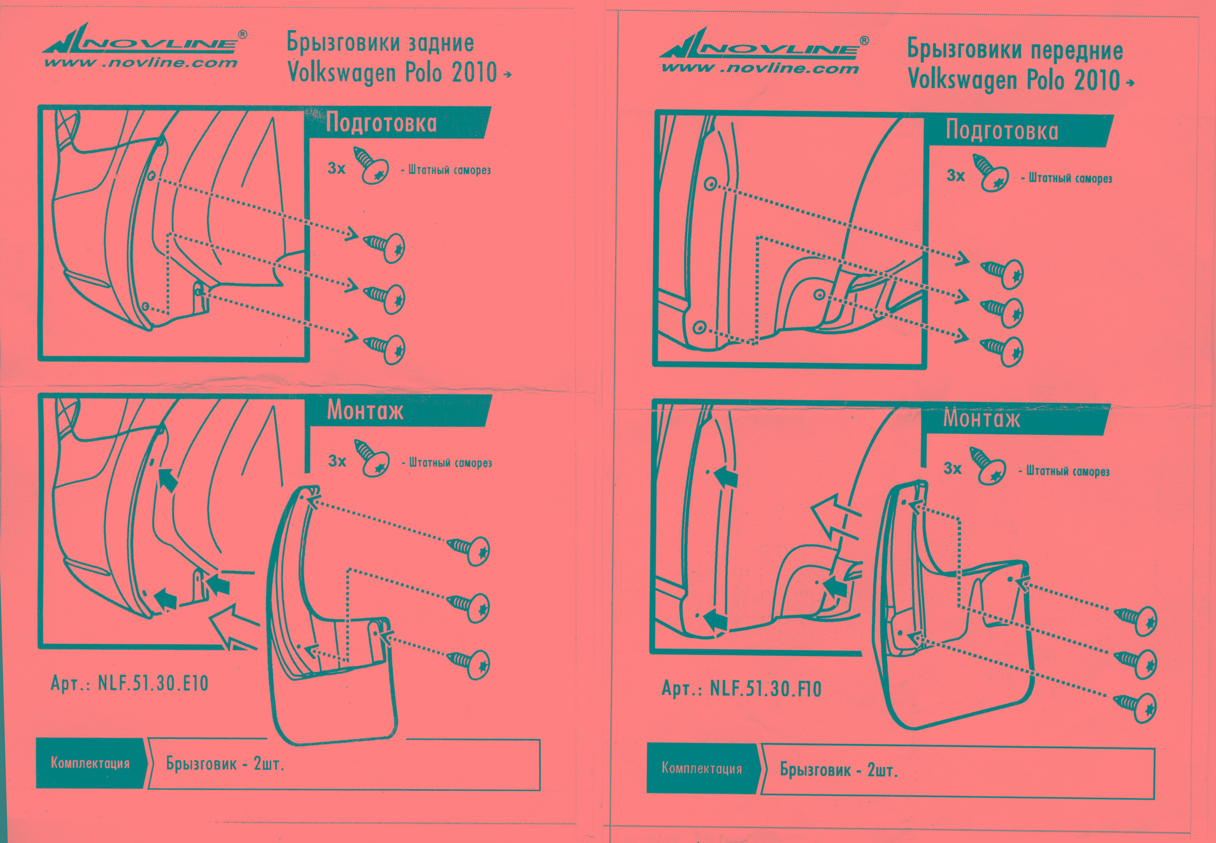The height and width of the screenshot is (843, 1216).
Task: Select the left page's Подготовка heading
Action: coord(381,123)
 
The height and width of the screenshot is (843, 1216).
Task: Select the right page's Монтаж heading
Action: coord(981,418)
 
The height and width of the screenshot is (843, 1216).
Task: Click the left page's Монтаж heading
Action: coord(365,411)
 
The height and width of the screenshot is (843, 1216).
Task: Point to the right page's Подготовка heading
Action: coord(1002,130)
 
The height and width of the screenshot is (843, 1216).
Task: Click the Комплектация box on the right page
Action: coord(702,768)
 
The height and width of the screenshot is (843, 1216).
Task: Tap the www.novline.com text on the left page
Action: coord(141,63)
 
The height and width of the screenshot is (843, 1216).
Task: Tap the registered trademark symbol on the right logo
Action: coord(864,41)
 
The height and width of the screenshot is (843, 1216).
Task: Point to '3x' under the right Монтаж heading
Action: coord(952,468)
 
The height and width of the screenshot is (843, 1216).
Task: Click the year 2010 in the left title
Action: coord(474,72)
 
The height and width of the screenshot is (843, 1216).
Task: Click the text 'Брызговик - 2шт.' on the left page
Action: coord(225,764)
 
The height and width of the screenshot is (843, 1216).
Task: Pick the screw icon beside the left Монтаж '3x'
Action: coord(372,458)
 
